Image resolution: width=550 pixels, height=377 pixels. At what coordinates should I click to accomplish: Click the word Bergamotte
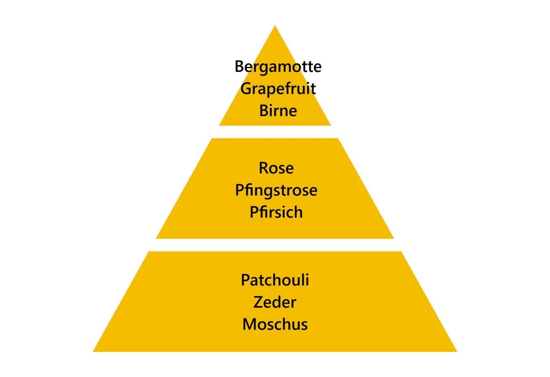point(278,67)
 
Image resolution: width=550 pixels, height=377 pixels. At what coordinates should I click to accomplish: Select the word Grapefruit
point(278,89)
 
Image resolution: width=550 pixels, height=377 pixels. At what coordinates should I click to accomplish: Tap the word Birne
point(278,110)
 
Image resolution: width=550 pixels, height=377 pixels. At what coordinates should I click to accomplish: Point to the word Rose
point(276,168)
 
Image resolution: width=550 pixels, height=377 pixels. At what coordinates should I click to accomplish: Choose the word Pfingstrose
point(276,190)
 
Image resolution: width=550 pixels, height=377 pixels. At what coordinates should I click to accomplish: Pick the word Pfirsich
point(276,212)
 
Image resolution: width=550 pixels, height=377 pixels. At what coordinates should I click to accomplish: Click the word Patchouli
point(275,280)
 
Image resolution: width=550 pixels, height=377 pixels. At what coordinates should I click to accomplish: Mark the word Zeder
point(275,302)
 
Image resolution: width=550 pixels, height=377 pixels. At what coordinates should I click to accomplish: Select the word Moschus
point(275,324)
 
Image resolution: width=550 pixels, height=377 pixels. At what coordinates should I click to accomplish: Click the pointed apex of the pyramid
point(275,26)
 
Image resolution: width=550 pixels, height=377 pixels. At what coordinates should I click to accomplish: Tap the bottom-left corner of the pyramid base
point(93,351)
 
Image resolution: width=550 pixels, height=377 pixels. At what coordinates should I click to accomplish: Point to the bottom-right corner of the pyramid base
point(457,351)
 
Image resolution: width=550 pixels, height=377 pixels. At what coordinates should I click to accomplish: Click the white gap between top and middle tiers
point(275,132)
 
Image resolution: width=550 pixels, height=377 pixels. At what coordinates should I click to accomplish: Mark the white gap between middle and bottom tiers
point(275,245)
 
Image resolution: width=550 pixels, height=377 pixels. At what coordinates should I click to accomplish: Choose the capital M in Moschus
point(249,324)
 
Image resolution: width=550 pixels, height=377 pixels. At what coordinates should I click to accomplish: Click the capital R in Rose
point(264,168)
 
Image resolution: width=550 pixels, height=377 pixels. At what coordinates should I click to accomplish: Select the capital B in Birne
point(264,110)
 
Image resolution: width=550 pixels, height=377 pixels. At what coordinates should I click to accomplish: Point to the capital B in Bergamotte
point(240,66)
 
